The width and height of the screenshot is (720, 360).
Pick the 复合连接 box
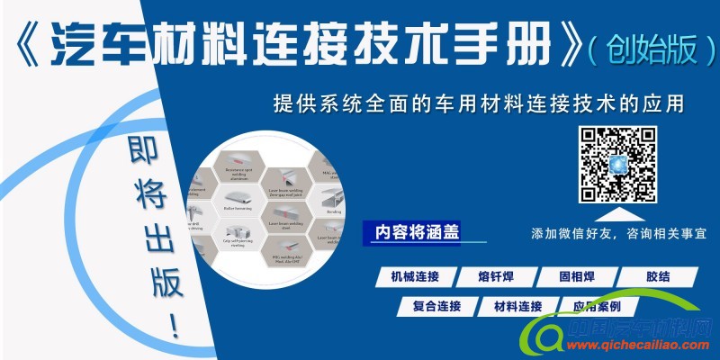[436, 306]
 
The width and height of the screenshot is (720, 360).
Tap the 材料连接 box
[517, 306]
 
